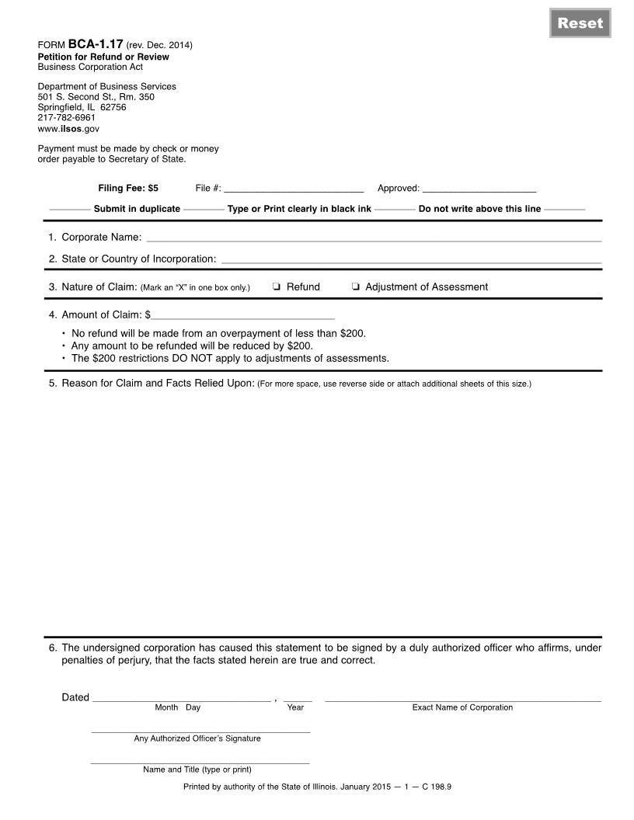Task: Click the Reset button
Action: (x=580, y=23)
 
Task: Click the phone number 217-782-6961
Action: (x=67, y=118)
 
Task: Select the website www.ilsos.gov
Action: (x=68, y=129)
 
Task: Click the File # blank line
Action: (x=294, y=189)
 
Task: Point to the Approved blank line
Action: (x=479, y=189)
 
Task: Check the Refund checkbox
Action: (x=277, y=287)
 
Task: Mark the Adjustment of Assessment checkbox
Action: (x=355, y=287)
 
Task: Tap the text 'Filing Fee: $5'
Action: (x=128, y=188)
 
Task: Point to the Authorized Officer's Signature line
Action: (x=200, y=730)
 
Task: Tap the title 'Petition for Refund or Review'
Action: (x=103, y=57)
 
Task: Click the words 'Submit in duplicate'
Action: (x=137, y=209)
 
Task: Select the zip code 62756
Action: (x=113, y=107)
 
